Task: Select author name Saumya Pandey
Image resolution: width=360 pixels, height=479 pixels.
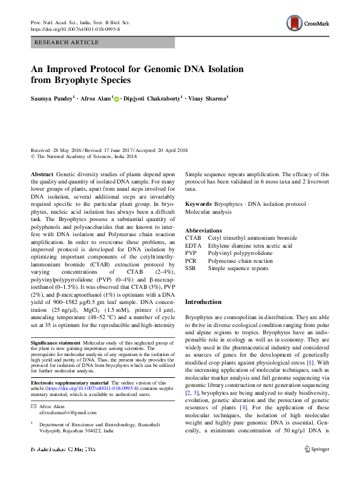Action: pos(53,97)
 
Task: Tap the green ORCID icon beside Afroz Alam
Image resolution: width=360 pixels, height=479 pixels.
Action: pos(117,97)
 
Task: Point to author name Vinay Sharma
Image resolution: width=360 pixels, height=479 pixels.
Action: pos(207,97)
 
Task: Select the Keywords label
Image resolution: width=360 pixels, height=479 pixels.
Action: pos(198,204)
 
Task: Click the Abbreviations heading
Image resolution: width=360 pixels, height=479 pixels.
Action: pos(204,231)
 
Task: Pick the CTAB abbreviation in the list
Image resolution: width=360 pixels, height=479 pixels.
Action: pos(194,239)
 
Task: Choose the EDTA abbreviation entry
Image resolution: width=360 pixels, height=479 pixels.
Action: pos(194,246)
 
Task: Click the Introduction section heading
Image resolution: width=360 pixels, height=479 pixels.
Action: pos(203,301)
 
